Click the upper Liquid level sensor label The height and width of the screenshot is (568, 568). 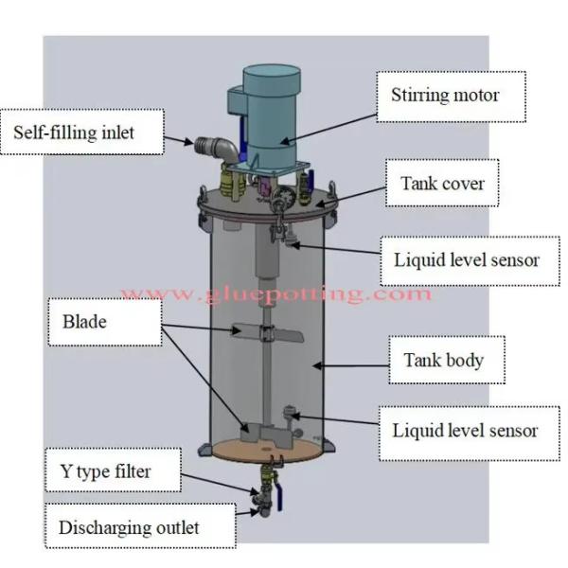pyautogui.click(x=465, y=259)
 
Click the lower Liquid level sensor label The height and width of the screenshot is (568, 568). pyautogui.click(x=465, y=431)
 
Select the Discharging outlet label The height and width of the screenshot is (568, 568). pyautogui.click(x=129, y=526)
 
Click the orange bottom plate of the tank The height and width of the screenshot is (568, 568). pyautogui.click(x=265, y=449)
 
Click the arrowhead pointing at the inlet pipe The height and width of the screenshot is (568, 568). pyautogui.click(x=188, y=144)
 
